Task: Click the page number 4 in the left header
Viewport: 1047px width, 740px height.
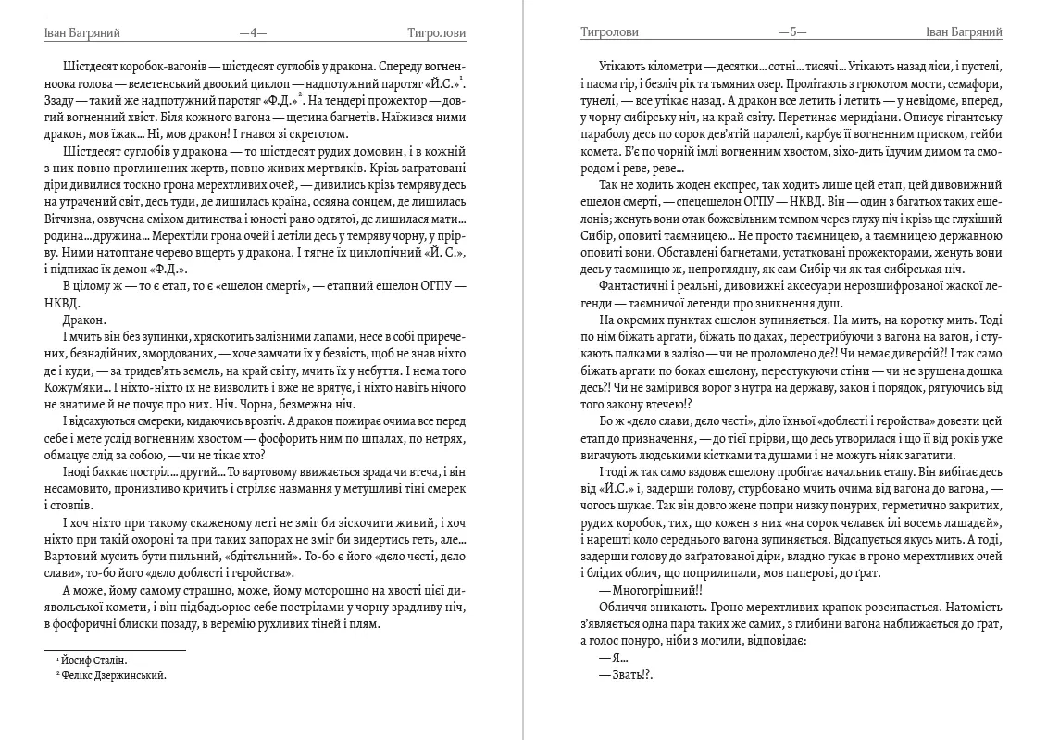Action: [x=253, y=32]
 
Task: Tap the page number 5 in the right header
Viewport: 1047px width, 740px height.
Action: [x=792, y=32]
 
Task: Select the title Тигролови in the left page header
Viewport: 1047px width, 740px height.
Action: [x=436, y=32]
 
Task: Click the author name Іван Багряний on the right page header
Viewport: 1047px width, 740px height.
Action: [x=964, y=32]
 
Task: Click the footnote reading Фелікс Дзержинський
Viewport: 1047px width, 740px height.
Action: [x=112, y=675]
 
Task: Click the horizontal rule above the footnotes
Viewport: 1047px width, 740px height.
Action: [x=115, y=650]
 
